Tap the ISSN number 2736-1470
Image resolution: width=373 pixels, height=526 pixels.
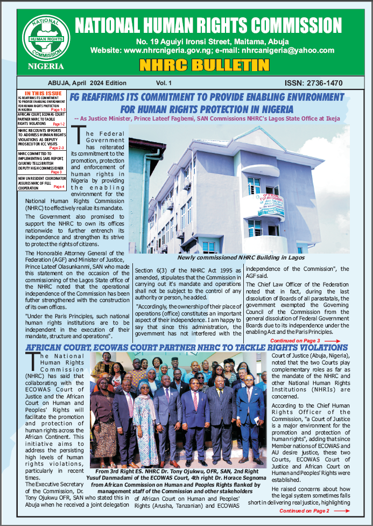pos(314,83)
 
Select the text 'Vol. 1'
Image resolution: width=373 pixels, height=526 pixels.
pos(164,83)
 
